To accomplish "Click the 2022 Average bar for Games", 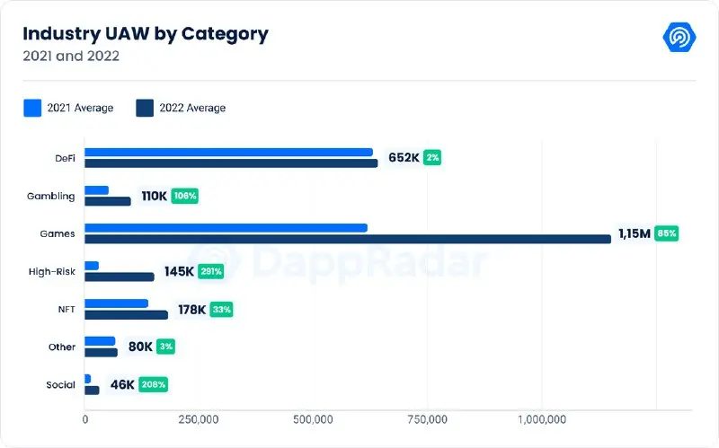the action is pyautogui.click(x=348, y=239).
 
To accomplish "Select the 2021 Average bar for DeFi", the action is pyautogui.click(x=229, y=153).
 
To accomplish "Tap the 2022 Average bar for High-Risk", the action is pyautogui.click(x=120, y=277).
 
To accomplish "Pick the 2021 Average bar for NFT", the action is pyautogui.click(x=117, y=303).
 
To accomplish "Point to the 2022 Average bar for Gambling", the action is pyautogui.click(x=108, y=201).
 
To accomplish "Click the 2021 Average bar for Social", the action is pyautogui.click(x=87, y=379).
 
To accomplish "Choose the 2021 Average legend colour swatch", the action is pyautogui.click(x=32, y=108).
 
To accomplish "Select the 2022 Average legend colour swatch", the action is pyautogui.click(x=145, y=108).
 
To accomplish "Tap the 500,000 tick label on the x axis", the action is pyautogui.click(x=313, y=419).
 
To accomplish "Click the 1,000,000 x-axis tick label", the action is pyautogui.click(x=543, y=419).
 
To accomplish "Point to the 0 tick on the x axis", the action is pyautogui.click(x=85, y=419).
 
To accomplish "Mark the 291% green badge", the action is pyautogui.click(x=211, y=272).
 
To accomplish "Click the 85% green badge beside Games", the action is pyautogui.click(x=666, y=233).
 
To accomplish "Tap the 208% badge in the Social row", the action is pyautogui.click(x=153, y=385).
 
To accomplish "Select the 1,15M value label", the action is pyautogui.click(x=635, y=233).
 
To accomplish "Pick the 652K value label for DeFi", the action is pyautogui.click(x=404, y=158).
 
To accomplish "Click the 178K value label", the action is pyautogui.click(x=191, y=310).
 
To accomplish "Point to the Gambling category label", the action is pyautogui.click(x=51, y=196).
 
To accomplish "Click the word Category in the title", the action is pyautogui.click(x=225, y=34).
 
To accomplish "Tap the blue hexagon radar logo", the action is pyautogui.click(x=679, y=37).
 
